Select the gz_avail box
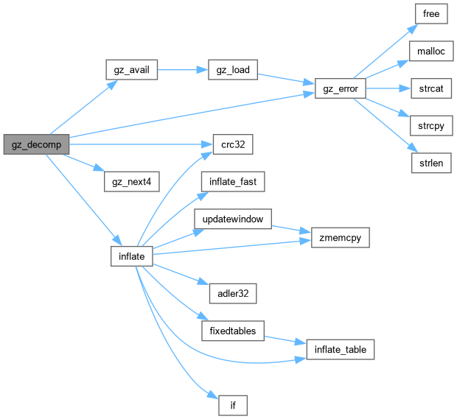131,71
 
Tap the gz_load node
232,71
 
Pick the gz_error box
340,89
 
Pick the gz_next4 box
131,182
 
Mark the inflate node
131,256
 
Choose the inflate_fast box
232,182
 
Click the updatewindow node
232,219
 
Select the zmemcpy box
340,238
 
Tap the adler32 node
232,294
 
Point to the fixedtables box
232,331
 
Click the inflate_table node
340,349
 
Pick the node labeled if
232,405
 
